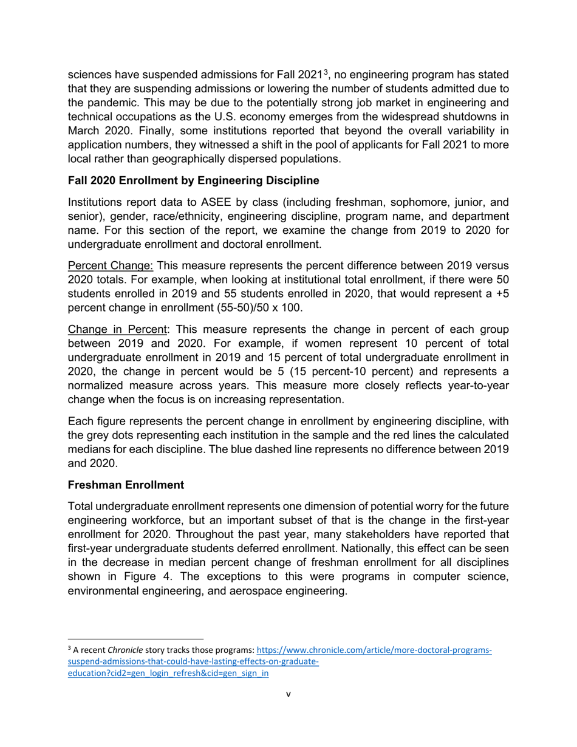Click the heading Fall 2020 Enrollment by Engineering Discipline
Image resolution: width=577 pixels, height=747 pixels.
[193, 181]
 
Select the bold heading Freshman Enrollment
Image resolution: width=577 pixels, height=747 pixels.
[126, 485]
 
